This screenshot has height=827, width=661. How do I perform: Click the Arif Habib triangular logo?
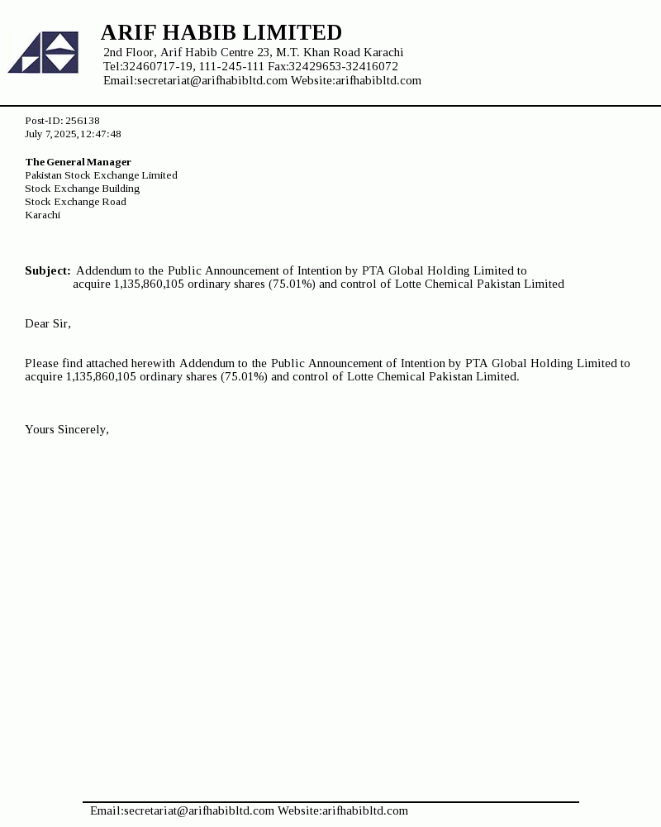click(44, 52)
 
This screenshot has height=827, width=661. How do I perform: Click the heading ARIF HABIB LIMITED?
click(221, 33)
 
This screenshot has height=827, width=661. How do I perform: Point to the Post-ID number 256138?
click(83, 121)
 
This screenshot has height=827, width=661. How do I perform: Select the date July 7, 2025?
click(50, 134)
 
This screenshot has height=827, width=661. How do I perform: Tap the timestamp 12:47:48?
click(101, 134)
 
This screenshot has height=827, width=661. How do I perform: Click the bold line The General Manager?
click(78, 162)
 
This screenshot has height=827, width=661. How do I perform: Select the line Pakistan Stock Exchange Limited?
click(101, 175)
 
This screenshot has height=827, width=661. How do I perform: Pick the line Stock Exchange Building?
click(82, 189)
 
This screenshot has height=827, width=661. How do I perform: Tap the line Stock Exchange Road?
click(75, 202)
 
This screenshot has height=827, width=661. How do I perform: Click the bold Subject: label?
click(47, 270)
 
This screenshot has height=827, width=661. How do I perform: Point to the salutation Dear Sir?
click(48, 323)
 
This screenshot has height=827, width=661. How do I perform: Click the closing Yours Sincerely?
click(67, 429)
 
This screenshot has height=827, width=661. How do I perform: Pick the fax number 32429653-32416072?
click(343, 66)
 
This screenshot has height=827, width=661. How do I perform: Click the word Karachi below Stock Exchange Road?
click(42, 215)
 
